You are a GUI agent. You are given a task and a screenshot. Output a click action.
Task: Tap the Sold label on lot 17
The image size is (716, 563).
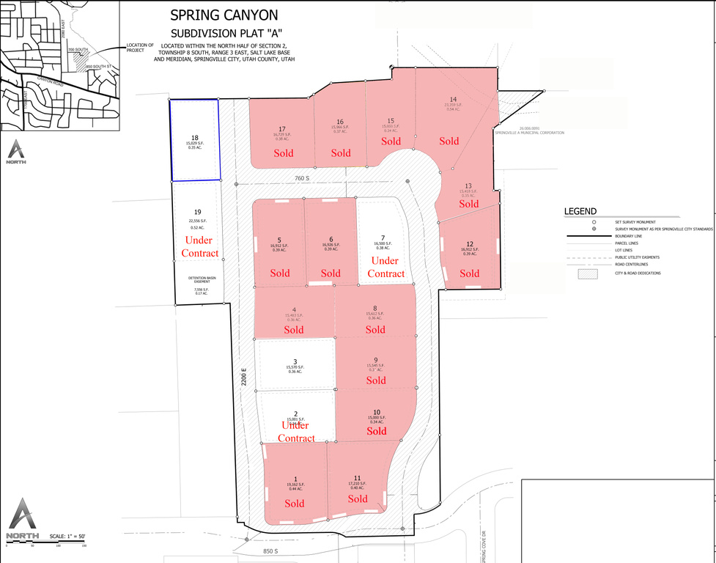(283, 153)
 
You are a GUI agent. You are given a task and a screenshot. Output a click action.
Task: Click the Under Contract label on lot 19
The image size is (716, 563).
(202, 246)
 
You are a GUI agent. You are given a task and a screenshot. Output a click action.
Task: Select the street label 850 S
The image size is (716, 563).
(271, 551)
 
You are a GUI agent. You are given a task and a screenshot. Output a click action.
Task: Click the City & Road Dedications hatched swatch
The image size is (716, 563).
(588, 273)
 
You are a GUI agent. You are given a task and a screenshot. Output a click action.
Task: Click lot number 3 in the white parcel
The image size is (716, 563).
(295, 361)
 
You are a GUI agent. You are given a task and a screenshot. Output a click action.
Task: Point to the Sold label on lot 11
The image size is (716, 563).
(358, 498)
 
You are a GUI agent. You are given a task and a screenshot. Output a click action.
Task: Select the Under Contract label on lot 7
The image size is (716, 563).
(385, 267)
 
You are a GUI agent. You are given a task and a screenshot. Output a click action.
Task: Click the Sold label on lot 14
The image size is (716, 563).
(449, 141)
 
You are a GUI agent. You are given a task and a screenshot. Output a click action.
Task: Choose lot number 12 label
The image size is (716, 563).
(470, 243)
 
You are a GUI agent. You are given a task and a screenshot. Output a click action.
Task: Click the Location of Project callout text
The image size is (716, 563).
(139, 48)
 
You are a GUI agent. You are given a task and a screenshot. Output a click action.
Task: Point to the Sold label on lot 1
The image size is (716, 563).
(295, 503)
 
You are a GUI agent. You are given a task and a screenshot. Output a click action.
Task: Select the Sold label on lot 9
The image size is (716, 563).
(375, 380)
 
